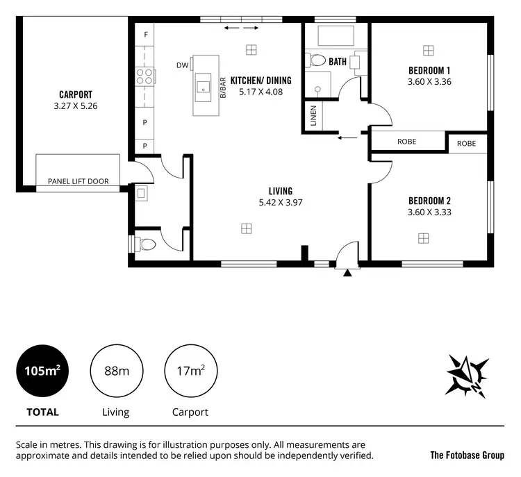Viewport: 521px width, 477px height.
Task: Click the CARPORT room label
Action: [76, 94]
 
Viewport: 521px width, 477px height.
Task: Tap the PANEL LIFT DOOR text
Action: [78, 181]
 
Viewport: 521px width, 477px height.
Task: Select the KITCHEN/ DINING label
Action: [260, 81]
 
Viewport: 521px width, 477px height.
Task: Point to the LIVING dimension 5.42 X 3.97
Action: [280, 203]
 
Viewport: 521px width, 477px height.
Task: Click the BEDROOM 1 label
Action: [429, 70]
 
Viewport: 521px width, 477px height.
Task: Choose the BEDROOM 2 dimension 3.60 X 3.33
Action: [429, 212]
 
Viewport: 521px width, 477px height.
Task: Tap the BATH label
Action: [338, 62]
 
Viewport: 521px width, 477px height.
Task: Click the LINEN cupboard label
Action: [313, 117]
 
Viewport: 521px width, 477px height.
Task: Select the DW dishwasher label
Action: [183, 66]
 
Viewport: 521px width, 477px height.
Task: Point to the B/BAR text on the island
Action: [223, 87]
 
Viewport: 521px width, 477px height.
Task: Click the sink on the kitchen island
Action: [204, 86]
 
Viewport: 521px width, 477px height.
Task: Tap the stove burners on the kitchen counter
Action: [144, 76]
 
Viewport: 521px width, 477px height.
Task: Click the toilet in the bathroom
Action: [318, 60]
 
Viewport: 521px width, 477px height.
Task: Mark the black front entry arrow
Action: [347, 273]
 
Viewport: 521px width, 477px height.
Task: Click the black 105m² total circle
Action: [42, 371]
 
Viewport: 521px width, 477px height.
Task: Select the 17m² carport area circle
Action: [190, 371]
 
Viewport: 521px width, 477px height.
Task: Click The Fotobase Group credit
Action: [467, 455]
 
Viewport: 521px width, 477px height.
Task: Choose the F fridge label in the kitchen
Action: [146, 34]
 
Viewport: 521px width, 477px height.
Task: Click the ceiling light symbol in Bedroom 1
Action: [428, 49]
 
